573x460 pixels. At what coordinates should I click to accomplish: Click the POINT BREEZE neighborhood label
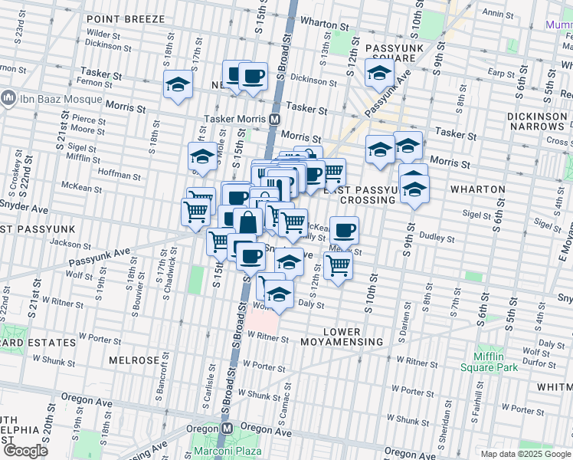[125, 18]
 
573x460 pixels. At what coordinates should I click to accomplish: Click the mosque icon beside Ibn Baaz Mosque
[8, 98]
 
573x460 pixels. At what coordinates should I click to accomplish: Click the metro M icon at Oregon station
[227, 429]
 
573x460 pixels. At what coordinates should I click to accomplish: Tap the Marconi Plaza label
[217, 449]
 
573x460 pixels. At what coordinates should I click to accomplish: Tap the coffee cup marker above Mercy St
[345, 228]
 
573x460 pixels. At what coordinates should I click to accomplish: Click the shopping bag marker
[248, 222]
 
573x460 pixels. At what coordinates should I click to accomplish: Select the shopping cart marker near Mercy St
[338, 265]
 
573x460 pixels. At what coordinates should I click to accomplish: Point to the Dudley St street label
[437, 238]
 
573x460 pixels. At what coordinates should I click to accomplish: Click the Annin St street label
[498, 13]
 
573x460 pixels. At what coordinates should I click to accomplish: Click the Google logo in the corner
[25, 450]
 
